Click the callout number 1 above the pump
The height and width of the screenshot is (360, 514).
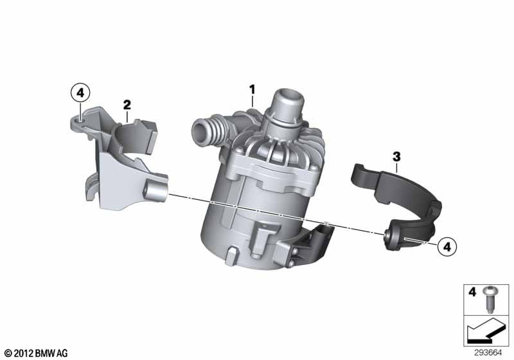252,90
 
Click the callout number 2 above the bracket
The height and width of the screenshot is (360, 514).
127,105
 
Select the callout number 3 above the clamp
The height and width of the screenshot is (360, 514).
396,157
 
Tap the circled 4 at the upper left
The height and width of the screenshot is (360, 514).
80,93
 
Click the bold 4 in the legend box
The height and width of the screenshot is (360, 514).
472,292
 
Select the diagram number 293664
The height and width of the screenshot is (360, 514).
488,353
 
